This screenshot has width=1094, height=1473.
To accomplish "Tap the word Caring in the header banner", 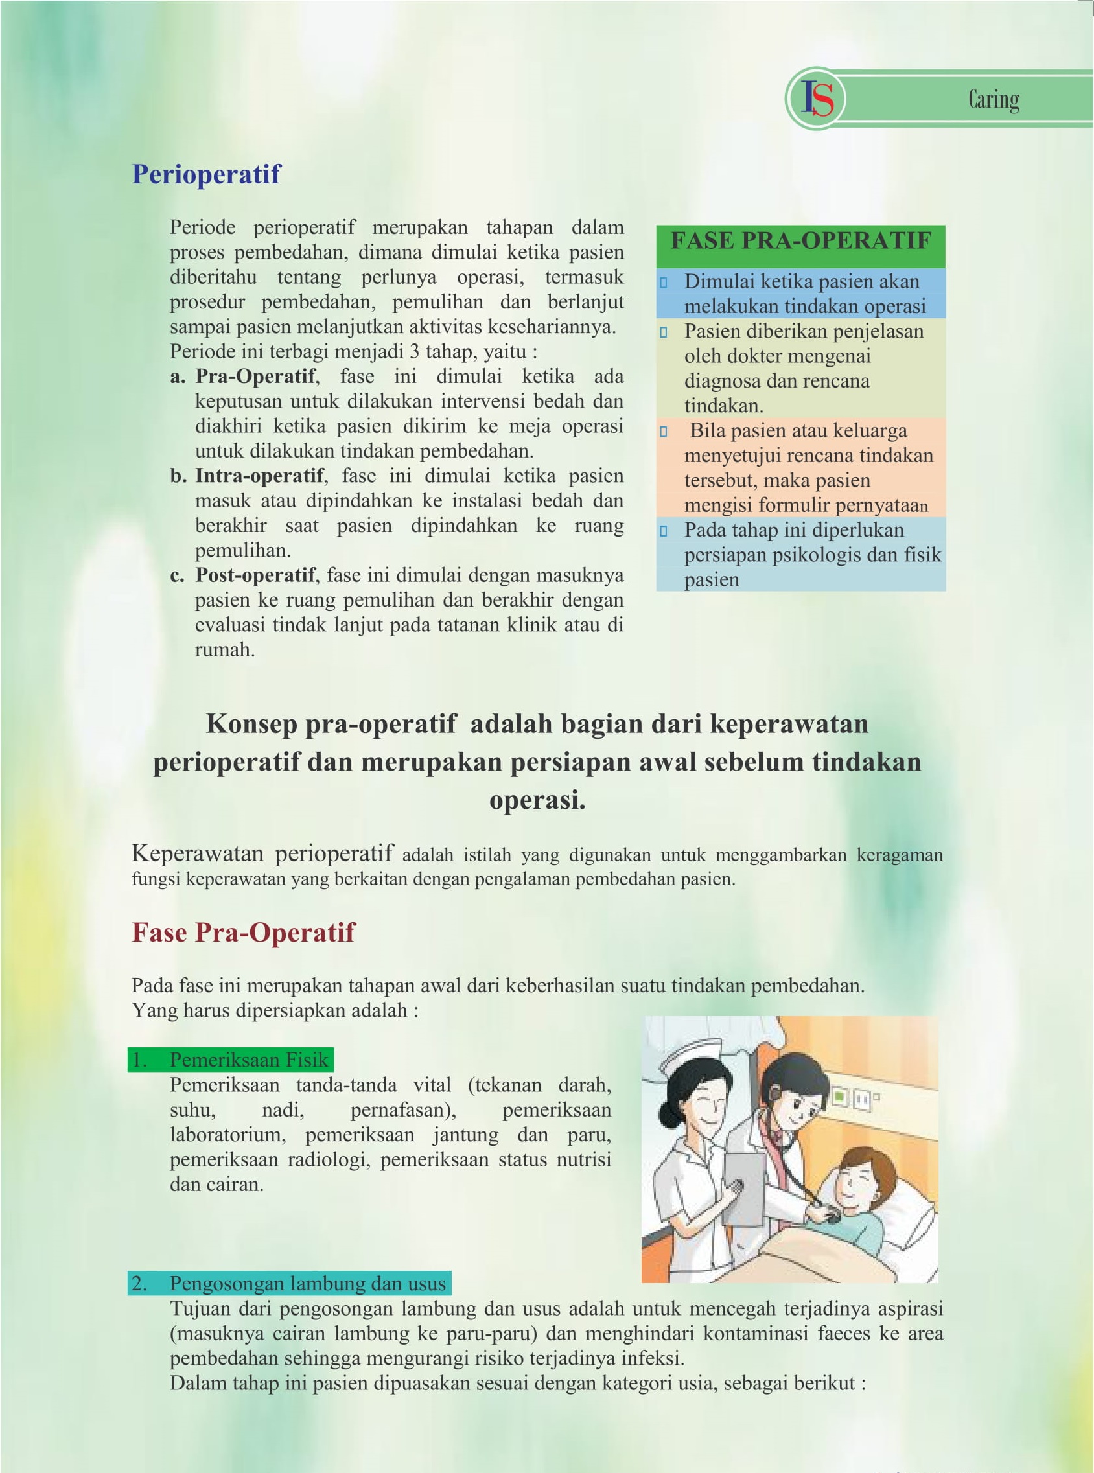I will click(x=994, y=99).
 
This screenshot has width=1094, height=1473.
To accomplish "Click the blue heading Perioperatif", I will click(x=206, y=174).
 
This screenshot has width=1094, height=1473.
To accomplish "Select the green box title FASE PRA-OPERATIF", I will click(x=800, y=240).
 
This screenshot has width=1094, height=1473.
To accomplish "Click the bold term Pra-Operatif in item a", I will click(x=255, y=376).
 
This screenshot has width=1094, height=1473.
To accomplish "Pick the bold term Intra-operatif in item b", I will click(x=259, y=475).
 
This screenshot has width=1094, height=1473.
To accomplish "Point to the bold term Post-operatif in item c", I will click(x=255, y=575).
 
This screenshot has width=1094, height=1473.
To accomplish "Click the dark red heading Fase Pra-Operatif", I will click(x=243, y=932).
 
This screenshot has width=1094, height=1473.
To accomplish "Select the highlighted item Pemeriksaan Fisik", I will click(x=248, y=1060).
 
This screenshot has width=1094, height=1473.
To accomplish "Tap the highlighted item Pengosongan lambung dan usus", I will click(x=307, y=1283).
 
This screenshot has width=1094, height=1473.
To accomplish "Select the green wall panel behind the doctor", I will click(x=840, y=1097).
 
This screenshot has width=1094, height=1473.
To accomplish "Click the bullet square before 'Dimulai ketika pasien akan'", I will click(x=664, y=283).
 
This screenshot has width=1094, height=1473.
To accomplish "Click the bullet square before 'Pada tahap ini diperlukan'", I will click(x=664, y=531).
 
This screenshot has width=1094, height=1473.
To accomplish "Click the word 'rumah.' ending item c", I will click(x=224, y=649).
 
